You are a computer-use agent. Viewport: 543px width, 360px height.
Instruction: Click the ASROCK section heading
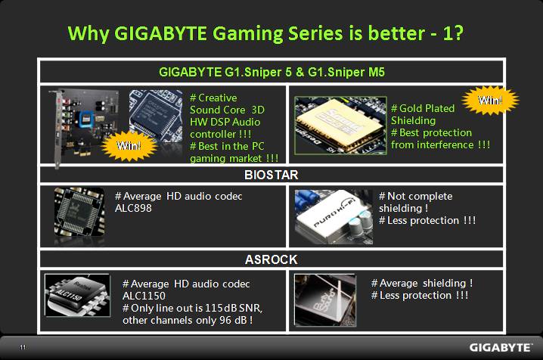click(x=271, y=259)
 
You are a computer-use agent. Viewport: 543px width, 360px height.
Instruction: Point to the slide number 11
click(x=23, y=347)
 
